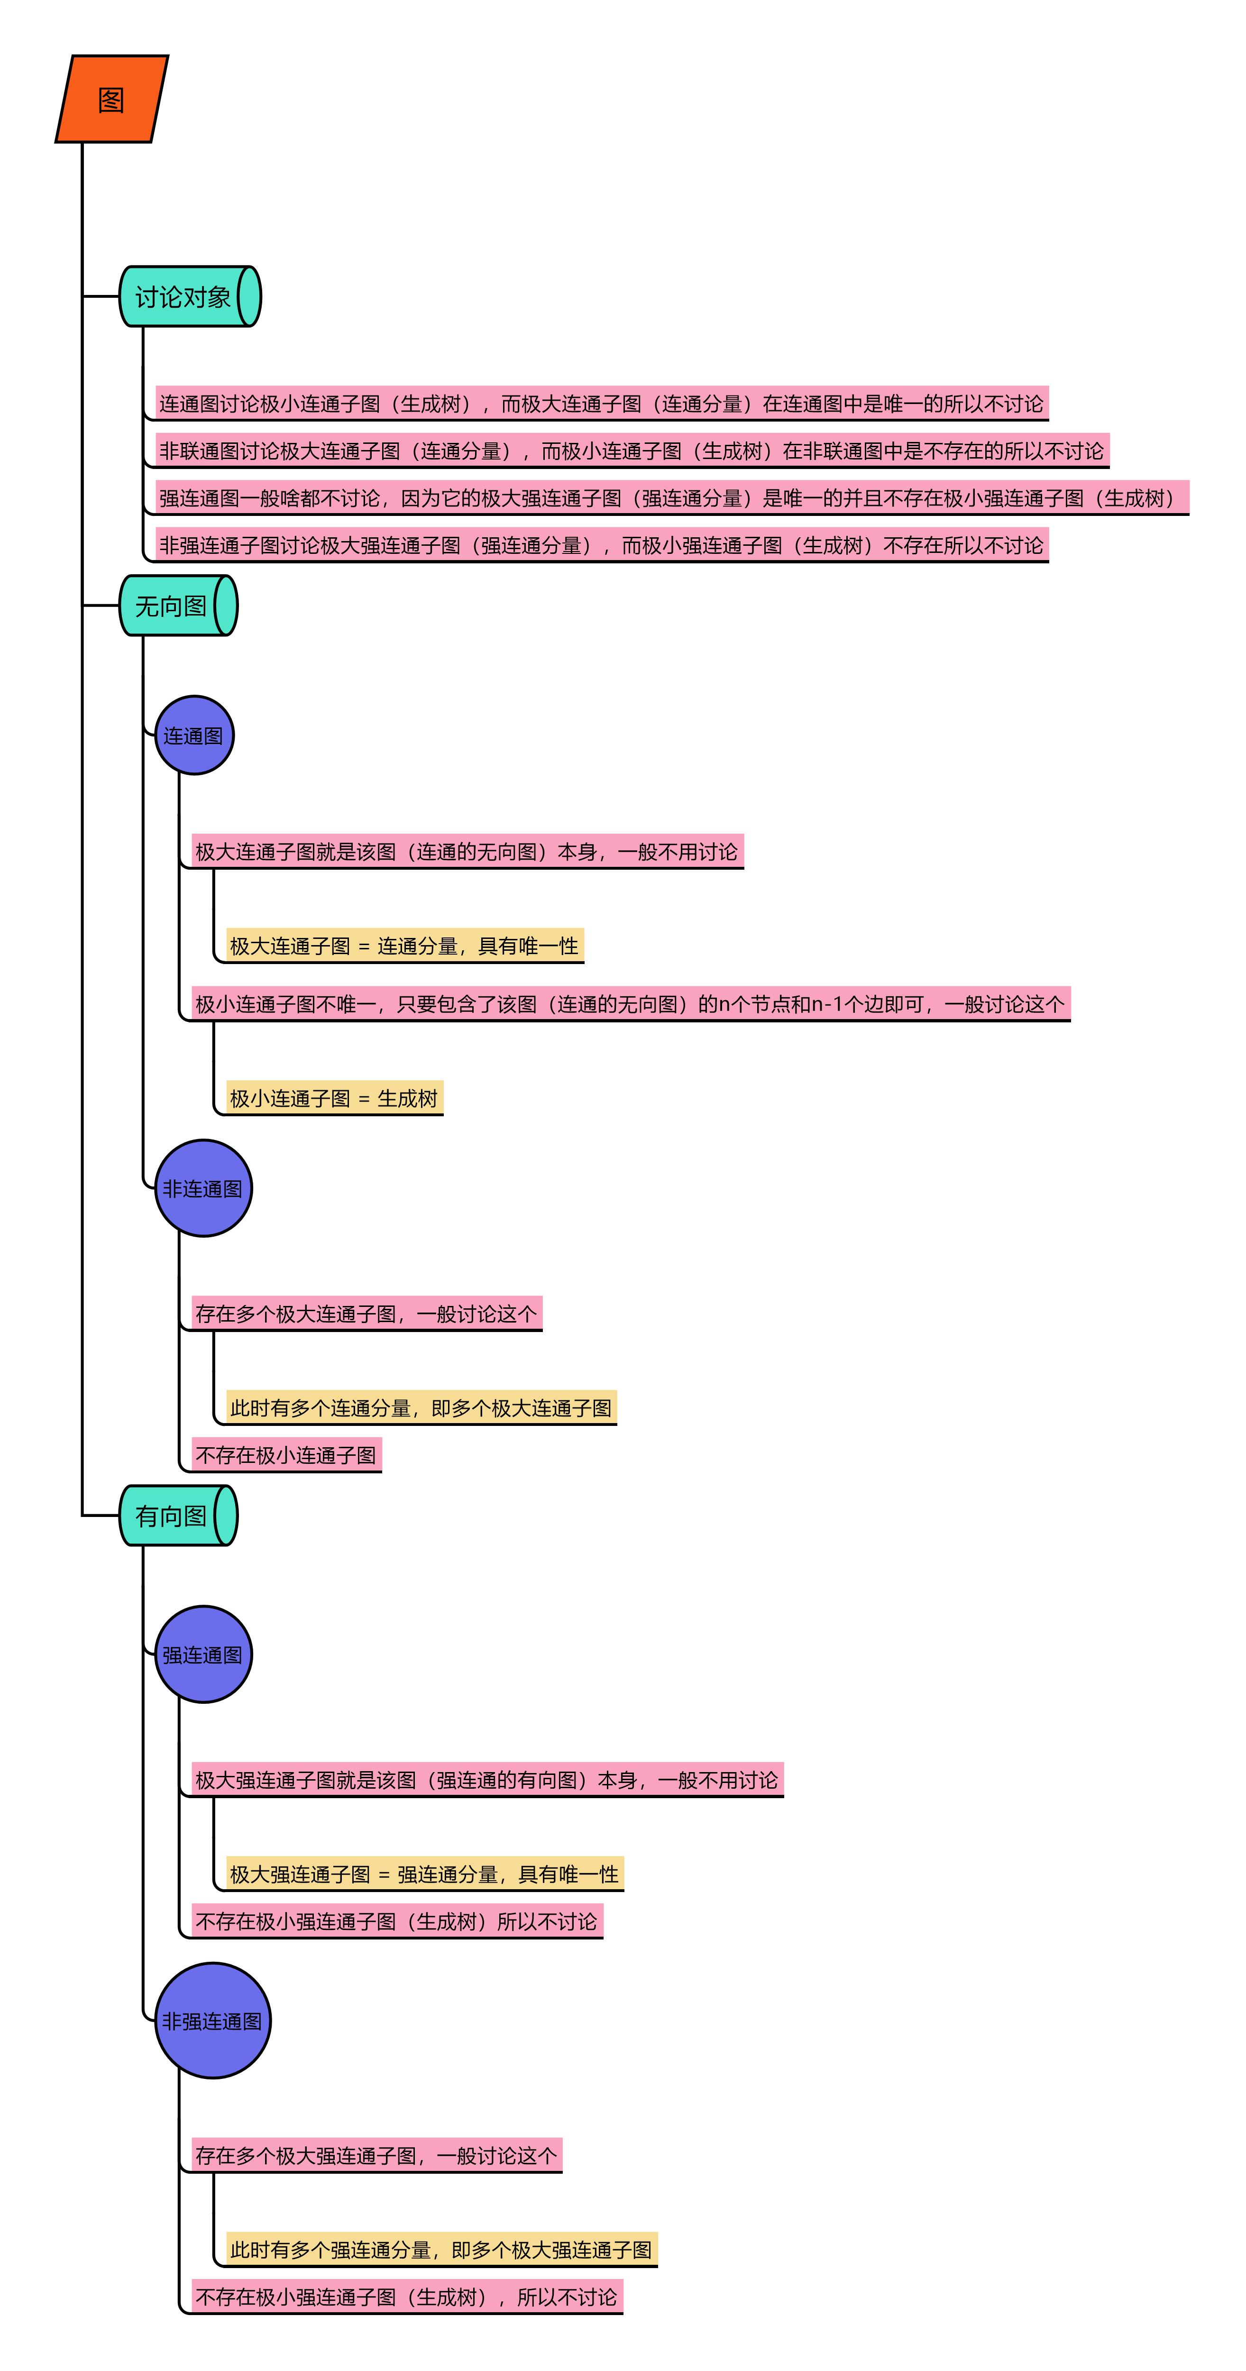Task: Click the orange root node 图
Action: pos(111,99)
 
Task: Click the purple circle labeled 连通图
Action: pos(194,735)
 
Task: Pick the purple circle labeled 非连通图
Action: pos(203,1188)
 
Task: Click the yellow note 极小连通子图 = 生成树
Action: pos(334,1098)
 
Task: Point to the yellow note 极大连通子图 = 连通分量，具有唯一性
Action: pos(405,945)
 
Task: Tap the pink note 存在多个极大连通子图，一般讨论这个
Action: pos(366,1314)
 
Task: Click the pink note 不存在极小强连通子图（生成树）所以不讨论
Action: pos(397,1921)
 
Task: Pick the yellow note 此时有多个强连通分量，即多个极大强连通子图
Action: pos(442,2250)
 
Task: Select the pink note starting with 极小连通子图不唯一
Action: pos(631,1003)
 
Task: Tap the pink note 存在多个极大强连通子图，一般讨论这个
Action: pos(376,2155)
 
